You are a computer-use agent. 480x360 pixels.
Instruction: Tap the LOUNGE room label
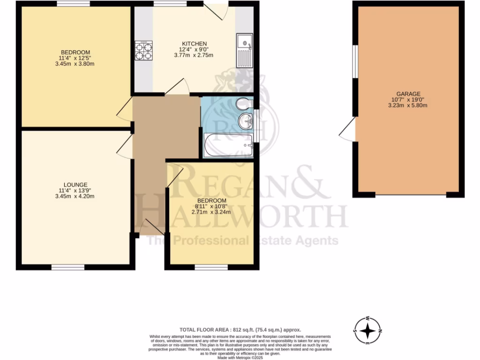(76, 185)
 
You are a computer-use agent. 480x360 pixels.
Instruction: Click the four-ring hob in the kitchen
(144, 51)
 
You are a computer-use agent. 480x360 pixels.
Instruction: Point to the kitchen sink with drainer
(244, 50)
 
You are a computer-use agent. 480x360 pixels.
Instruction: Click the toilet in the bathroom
(243, 103)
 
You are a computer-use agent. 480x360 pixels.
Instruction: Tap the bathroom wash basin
(246, 122)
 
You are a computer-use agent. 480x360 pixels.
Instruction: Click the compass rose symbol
(368, 331)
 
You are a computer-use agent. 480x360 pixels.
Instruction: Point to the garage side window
(355, 62)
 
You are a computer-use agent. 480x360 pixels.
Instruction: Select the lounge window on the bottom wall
(68, 267)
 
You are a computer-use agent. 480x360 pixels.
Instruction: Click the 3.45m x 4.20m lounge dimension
(76, 196)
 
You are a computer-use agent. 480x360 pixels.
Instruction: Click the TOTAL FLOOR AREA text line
(240, 330)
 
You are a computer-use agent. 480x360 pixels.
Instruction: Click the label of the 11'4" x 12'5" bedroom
(75, 52)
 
